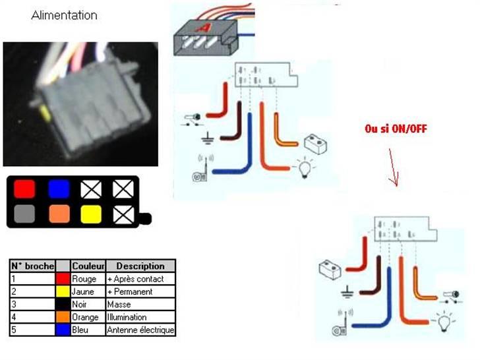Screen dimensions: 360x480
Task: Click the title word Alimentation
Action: coord(64,15)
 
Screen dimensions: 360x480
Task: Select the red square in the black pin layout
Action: coord(24,189)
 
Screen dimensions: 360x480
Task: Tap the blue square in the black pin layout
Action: coord(59,189)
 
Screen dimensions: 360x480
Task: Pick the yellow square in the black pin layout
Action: coord(90,214)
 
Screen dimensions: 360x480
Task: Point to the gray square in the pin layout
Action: coord(24,214)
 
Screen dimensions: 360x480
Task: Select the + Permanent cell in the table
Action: coord(140,291)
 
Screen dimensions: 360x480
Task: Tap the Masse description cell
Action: coord(140,304)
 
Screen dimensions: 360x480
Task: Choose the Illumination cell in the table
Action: coord(140,316)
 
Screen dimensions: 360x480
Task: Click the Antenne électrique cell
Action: coord(140,329)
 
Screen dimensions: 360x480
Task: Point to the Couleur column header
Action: coord(88,266)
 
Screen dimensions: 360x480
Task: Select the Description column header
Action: coord(140,266)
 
